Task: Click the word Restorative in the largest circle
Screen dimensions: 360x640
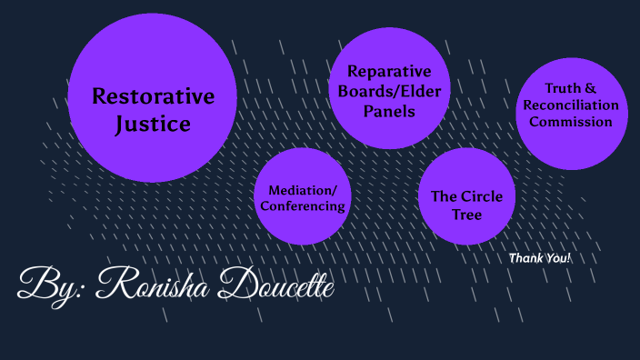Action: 153,96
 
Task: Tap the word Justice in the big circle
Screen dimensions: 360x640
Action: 153,124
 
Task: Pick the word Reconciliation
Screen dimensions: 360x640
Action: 571,105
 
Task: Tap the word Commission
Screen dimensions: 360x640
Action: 571,121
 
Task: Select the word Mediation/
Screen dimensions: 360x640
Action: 302,190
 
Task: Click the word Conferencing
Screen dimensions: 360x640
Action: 303,206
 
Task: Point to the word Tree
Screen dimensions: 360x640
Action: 467,215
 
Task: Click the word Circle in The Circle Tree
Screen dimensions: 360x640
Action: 481,196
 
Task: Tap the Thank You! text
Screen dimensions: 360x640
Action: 539,258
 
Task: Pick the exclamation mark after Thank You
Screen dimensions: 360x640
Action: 569,258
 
